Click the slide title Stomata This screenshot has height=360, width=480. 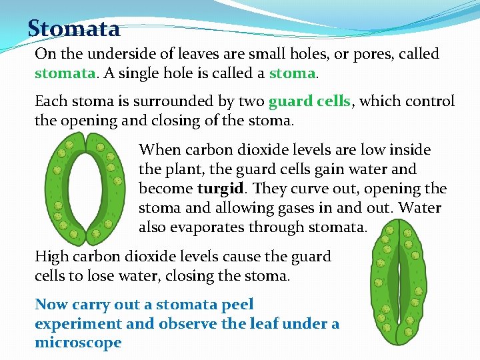click(74, 29)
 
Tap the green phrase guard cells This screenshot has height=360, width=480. click(309, 101)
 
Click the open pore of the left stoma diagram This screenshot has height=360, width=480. click(85, 188)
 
